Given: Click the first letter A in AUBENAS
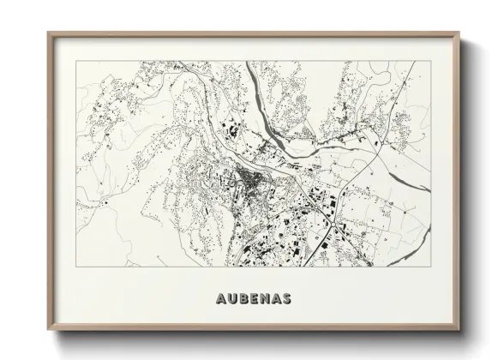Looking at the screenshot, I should point(213,299).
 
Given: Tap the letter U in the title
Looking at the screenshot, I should point(225,299).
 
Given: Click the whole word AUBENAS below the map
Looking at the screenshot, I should point(250,299).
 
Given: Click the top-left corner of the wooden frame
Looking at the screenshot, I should point(48,33).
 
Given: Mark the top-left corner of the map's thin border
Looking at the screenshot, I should point(75,61).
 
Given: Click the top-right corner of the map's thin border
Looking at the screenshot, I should point(428,61).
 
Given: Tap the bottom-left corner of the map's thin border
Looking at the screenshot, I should point(75,265).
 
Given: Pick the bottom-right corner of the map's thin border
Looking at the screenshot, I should point(428,265).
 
